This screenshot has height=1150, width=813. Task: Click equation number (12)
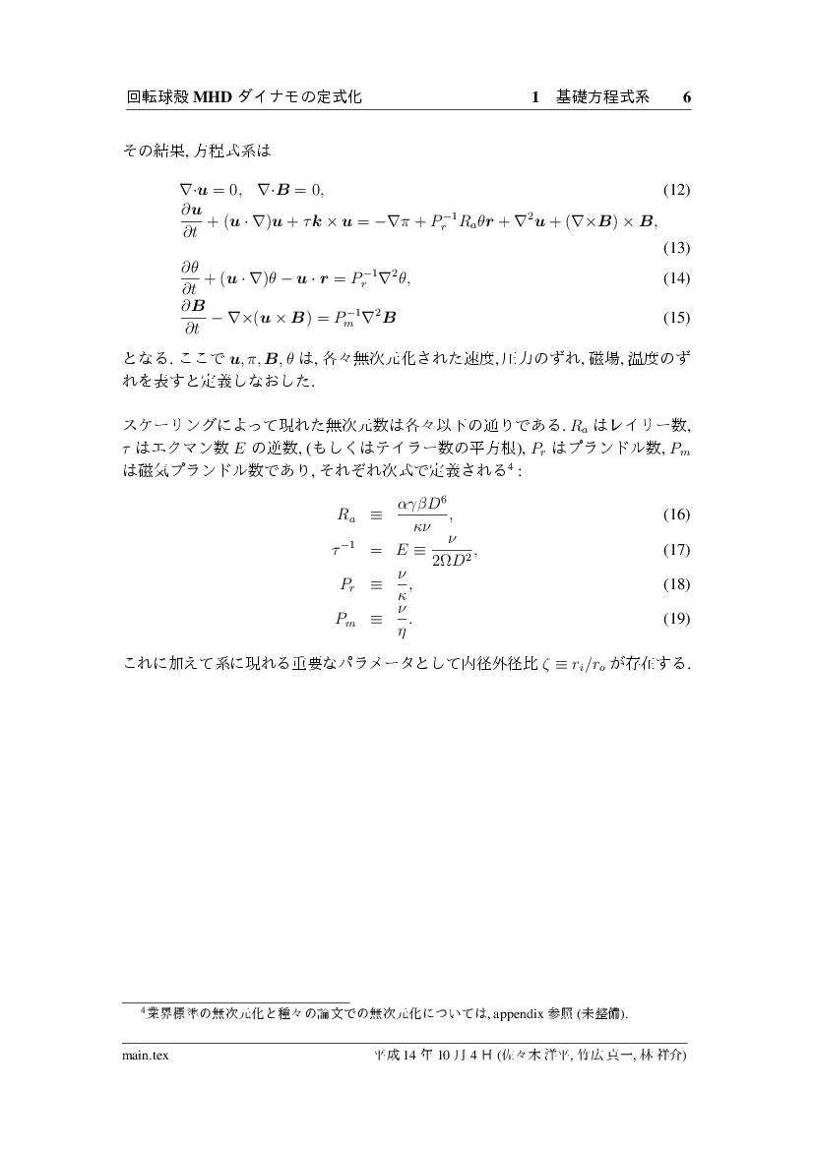[676, 190]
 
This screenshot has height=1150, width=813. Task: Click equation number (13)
[676, 246]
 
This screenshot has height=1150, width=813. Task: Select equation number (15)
[676, 318]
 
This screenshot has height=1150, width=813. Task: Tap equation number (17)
[676, 549]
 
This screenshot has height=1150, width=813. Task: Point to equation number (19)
[676, 620]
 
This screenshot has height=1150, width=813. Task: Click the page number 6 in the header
[686, 97]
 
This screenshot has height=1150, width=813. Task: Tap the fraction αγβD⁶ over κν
[422, 514]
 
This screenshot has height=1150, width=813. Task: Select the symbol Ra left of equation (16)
[344, 514]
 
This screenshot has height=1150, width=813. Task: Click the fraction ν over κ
[402, 584]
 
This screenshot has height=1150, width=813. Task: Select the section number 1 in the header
[535, 97]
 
